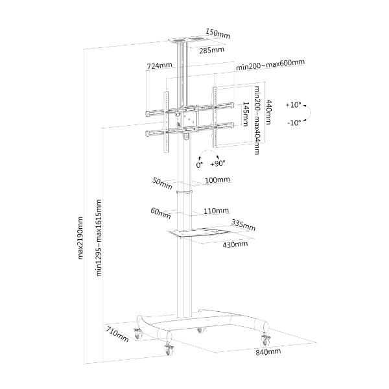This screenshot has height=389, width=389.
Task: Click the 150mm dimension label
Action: (218, 34)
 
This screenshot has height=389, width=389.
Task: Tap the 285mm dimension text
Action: (212, 50)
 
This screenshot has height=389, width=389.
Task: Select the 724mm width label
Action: (159, 65)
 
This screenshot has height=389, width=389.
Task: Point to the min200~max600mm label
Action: (270, 65)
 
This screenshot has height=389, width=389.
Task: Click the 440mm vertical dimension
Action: (268, 112)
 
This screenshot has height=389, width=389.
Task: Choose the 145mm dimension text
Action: (245, 114)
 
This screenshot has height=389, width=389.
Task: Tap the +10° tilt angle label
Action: (293, 105)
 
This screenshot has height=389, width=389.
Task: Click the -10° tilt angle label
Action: (294, 123)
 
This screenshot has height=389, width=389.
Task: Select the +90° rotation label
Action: (218, 163)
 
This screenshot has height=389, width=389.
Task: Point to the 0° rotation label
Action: (200, 165)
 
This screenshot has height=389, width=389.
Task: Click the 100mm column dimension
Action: (217, 180)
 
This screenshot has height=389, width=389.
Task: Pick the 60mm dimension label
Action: (161, 213)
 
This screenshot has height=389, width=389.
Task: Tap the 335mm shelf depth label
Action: (243, 225)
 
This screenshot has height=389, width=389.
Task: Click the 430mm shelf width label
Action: (235, 244)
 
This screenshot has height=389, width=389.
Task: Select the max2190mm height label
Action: (80, 238)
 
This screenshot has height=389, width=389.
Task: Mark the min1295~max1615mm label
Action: (99, 238)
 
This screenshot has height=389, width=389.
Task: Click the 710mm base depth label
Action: (117, 335)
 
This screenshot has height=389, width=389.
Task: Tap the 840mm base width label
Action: (268, 352)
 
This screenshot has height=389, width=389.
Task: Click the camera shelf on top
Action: (187, 40)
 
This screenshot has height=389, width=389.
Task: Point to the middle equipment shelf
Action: (200, 233)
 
